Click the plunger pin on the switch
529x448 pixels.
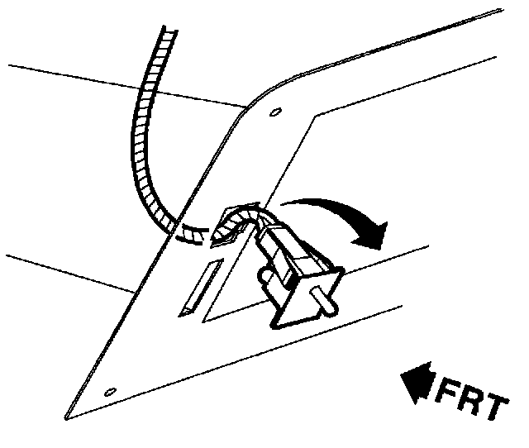[328, 305]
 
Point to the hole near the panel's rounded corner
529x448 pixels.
[276, 112]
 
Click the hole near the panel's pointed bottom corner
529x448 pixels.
[110, 391]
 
